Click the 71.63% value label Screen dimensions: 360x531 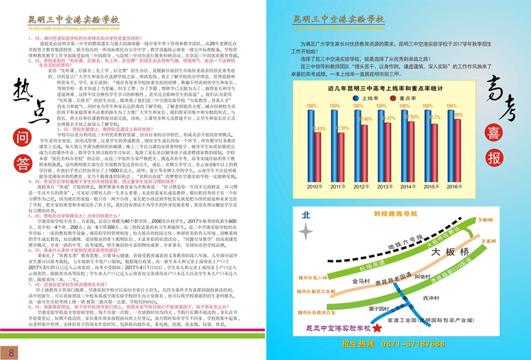coord(319,128)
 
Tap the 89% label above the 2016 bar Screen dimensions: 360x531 coord(458,115)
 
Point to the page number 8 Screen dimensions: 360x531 coord(11,351)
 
